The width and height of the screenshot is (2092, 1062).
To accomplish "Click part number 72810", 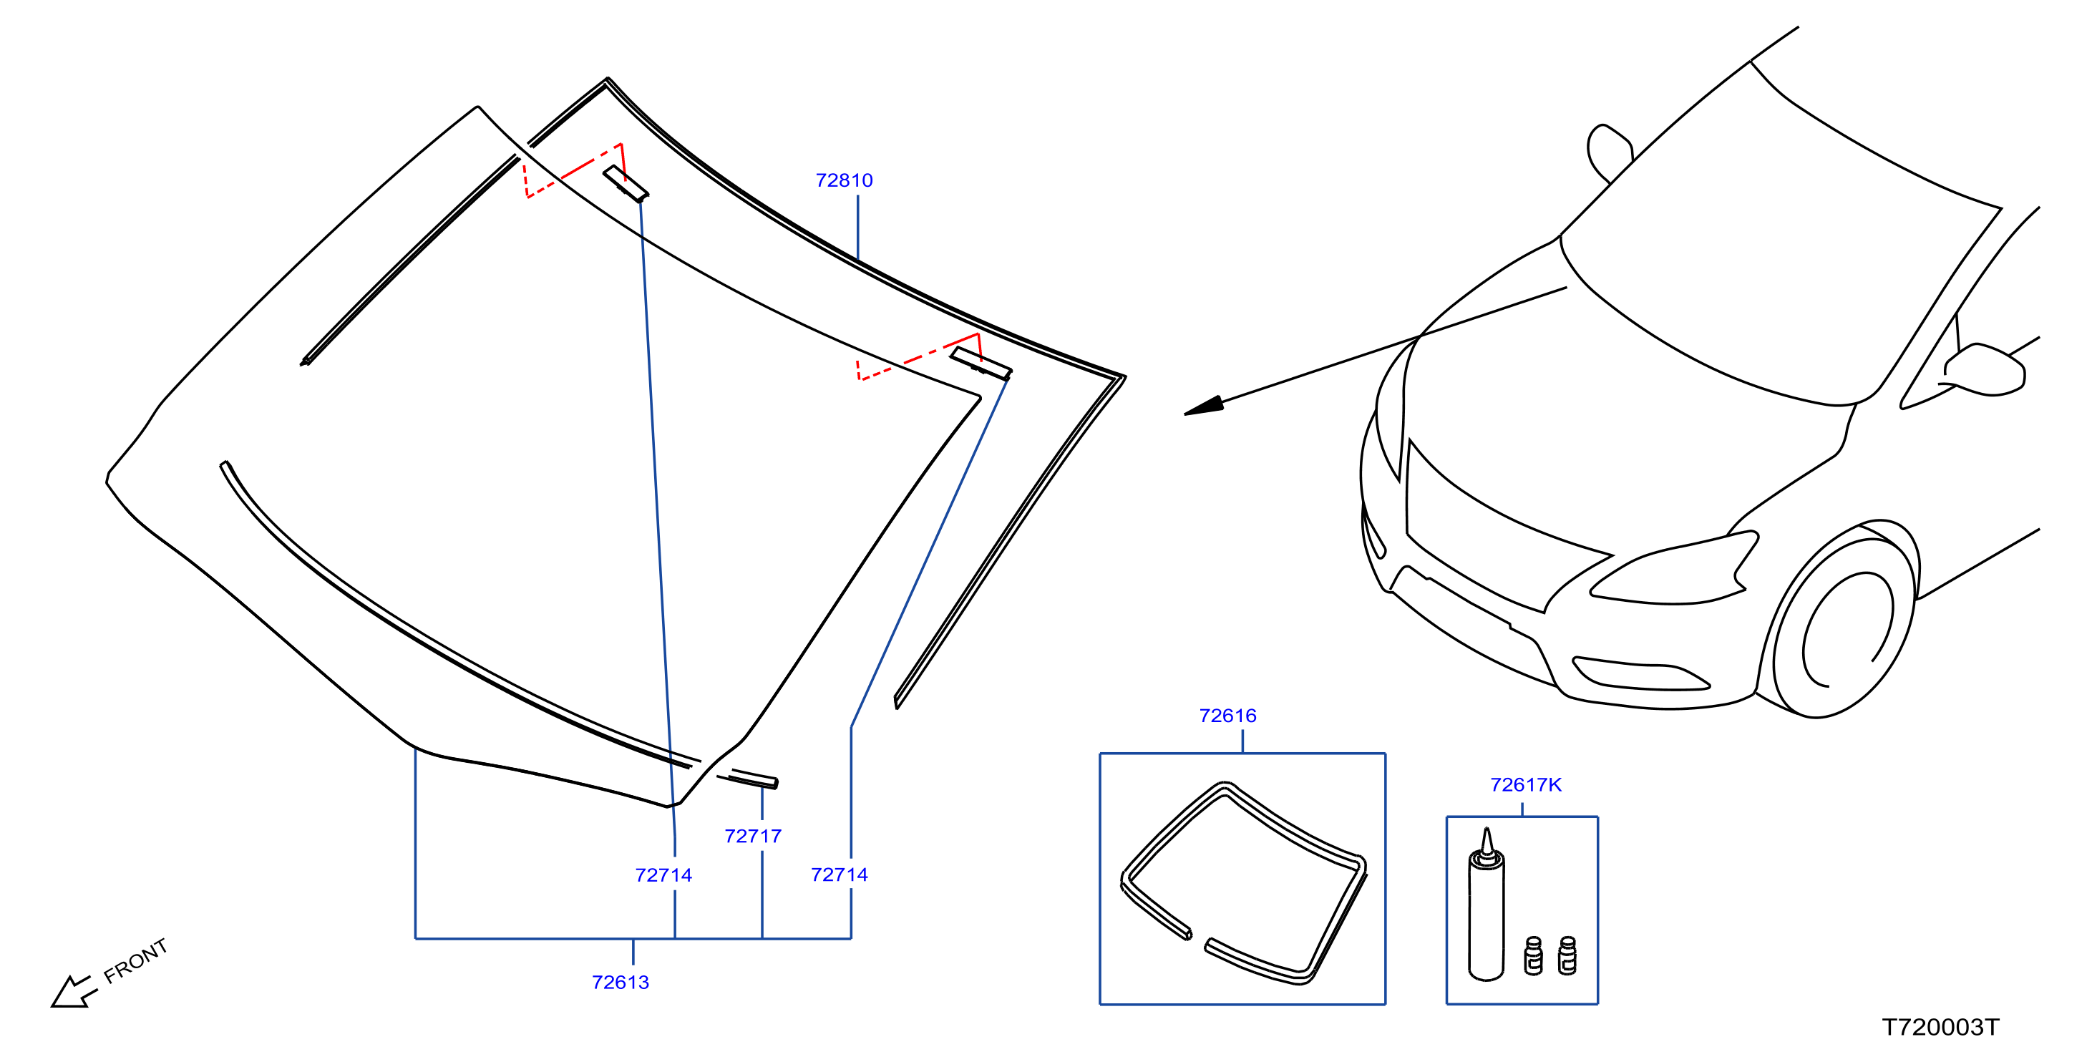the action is click(844, 180).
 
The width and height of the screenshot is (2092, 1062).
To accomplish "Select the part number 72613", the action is click(621, 983).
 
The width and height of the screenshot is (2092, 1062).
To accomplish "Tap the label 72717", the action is click(753, 837).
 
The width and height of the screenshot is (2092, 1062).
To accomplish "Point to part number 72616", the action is click(1228, 716).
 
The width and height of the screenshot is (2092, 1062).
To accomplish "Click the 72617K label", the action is click(1526, 784).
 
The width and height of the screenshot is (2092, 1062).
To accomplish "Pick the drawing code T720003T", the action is click(1940, 1027).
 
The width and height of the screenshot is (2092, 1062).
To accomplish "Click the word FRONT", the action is click(135, 960).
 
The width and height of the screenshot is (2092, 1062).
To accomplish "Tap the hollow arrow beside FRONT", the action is click(73, 991).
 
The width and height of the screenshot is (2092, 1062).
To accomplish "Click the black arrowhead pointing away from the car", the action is click(1205, 406).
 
